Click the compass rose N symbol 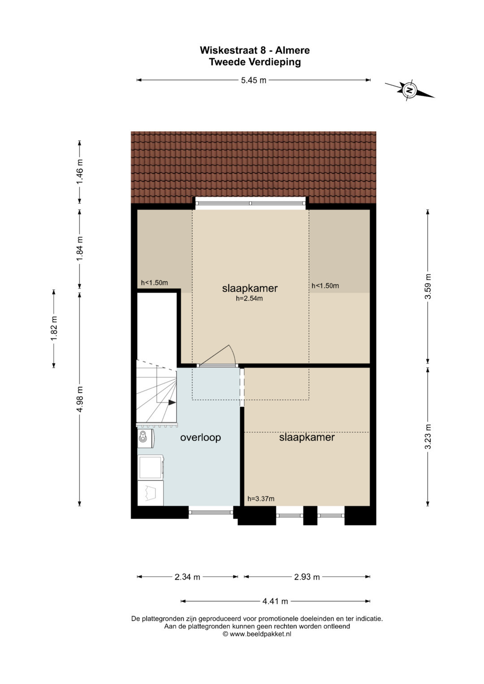pos(408,90)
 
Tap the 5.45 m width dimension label pos(254,80)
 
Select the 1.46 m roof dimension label pos(79,172)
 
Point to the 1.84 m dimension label pos(79,249)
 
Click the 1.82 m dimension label pos(54,328)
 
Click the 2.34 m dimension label pos(187,577)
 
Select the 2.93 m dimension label pos(307,577)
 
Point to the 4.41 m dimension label pos(275,601)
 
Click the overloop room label pos(200,438)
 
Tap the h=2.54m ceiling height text pos(249,299)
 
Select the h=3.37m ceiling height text pos(261,499)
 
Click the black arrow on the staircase pos(172,402)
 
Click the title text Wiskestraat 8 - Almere pos(255,50)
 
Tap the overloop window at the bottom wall pos(211,512)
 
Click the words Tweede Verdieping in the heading pos(255,62)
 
